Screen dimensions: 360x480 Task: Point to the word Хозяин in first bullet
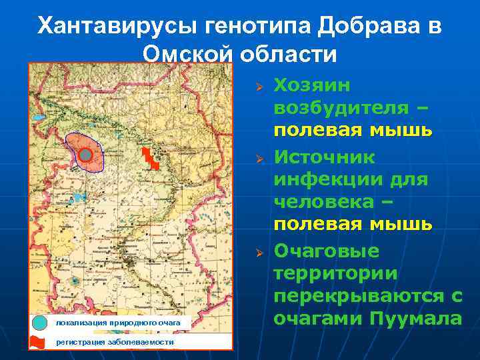317,85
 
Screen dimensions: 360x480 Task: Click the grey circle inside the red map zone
85,155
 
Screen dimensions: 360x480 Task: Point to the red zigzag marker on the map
151,159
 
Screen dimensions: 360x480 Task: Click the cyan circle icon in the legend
41,323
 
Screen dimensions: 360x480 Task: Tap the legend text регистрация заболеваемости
115,342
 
